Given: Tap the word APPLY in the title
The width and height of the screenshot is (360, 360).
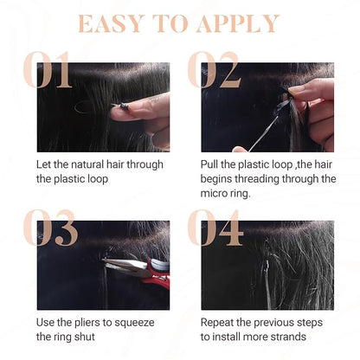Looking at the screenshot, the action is [238, 23].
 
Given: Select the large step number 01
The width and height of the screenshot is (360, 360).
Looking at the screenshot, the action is [47, 69].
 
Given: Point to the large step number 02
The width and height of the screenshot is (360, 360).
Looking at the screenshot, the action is [214, 69].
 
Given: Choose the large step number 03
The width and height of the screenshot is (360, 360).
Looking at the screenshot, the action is [50, 228].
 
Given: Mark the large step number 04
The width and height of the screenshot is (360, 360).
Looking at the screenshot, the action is [215, 228].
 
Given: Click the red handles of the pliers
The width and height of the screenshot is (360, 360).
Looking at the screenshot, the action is [158, 273].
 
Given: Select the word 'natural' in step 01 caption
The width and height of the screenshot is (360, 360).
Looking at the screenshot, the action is [87, 164].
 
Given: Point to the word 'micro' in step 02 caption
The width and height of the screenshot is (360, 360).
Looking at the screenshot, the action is [213, 193].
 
